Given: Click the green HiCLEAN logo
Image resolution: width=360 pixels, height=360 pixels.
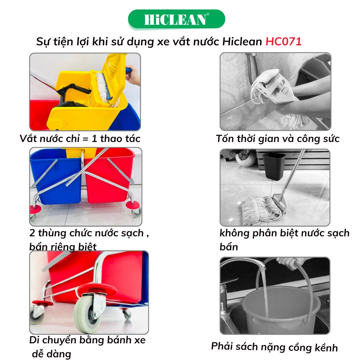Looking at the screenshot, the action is pyautogui.click(x=176, y=19).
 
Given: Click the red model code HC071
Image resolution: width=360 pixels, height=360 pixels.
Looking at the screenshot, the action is pyautogui.click(x=283, y=42).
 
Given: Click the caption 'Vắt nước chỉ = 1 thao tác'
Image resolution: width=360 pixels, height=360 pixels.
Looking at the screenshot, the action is pyautogui.click(x=80, y=139).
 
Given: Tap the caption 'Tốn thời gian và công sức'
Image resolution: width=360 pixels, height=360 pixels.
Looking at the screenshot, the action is pyautogui.click(x=278, y=139).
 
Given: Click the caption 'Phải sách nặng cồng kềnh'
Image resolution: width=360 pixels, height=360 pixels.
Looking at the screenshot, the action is pyautogui.click(x=274, y=347).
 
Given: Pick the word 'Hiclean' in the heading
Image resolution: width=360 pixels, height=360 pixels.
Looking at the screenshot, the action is pyautogui.click(x=242, y=42).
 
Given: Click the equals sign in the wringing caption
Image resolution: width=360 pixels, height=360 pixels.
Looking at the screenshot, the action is pyautogui.click(x=85, y=139).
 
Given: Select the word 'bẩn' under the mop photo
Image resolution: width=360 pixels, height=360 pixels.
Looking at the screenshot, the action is pyautogui.click(x=229, y=247).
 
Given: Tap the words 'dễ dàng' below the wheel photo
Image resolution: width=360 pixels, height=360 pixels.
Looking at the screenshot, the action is pyautogui.click(x=51, y=354).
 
